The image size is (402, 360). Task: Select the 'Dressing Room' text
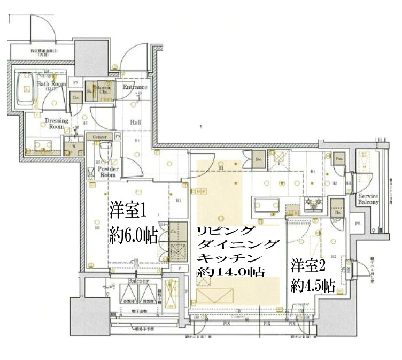[x=57, y=124]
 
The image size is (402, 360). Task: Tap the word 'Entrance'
[x=135, y=87]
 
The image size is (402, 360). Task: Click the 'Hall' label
[x=135, y=122]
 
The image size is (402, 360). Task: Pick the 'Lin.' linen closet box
[x=76, y=98]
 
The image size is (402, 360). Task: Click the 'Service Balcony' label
[x=368, y=199]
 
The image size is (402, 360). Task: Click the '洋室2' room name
[x=308, y=264]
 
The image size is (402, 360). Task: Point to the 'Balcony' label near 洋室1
[x=138, y=281]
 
